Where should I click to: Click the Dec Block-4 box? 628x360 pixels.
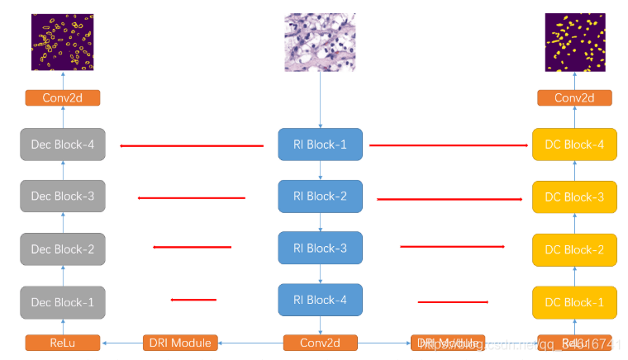63,144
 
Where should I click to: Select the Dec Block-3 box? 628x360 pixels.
63,197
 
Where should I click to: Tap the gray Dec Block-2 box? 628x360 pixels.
63,249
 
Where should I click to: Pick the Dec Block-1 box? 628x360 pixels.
63,302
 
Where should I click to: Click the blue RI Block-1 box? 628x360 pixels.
320,144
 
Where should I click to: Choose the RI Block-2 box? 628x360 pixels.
320,196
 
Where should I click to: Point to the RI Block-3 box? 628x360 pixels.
320,248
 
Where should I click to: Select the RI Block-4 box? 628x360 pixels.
320,300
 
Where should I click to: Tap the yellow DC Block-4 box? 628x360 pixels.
575,144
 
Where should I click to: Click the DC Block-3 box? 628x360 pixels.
575,197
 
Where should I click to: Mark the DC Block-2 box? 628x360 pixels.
575,249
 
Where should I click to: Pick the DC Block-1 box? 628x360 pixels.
575,302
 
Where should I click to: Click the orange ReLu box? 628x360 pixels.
63,343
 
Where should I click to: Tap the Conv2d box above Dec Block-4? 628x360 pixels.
63,98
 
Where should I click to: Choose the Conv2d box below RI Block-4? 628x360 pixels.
320,343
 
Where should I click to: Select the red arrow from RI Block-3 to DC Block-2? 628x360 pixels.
452,247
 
